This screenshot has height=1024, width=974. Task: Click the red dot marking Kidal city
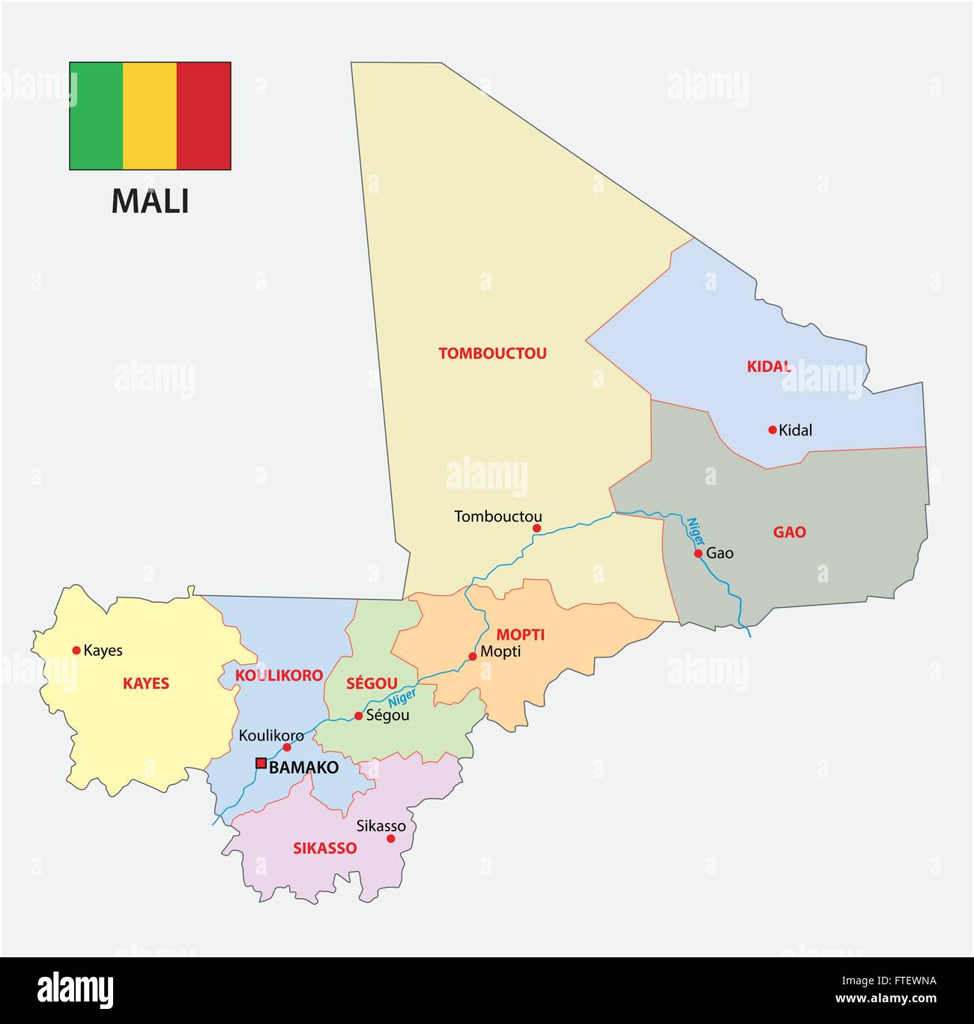pos(772,430)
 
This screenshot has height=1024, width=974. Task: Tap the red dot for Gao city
pos(698,553)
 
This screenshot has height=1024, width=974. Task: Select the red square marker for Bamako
pos(261,763)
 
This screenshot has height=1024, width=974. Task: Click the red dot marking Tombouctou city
pos(536,528)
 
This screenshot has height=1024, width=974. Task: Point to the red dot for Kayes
pos(76,650)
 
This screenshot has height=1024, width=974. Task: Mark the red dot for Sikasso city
pos(390,838)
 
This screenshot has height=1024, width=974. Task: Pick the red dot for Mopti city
pos(473,656)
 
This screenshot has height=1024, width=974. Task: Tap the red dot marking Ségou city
pos(358,716)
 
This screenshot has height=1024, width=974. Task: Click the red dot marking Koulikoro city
pos(287,747)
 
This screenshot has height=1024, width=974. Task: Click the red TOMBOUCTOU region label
pos(492,353)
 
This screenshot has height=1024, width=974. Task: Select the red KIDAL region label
pos(769,367)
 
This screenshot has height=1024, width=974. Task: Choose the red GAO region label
pos(790,532)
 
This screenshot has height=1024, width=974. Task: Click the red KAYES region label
pos(146,684)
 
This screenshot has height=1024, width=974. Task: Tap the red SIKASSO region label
pos(324,849)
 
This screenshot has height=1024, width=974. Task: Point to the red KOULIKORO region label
pos(279,675)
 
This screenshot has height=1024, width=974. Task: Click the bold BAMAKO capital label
pos(303,768)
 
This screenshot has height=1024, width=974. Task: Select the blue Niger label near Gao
pos(695,531)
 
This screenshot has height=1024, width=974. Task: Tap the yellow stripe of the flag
pos(150,116)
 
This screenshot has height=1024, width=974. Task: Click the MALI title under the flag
pos(150,201)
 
